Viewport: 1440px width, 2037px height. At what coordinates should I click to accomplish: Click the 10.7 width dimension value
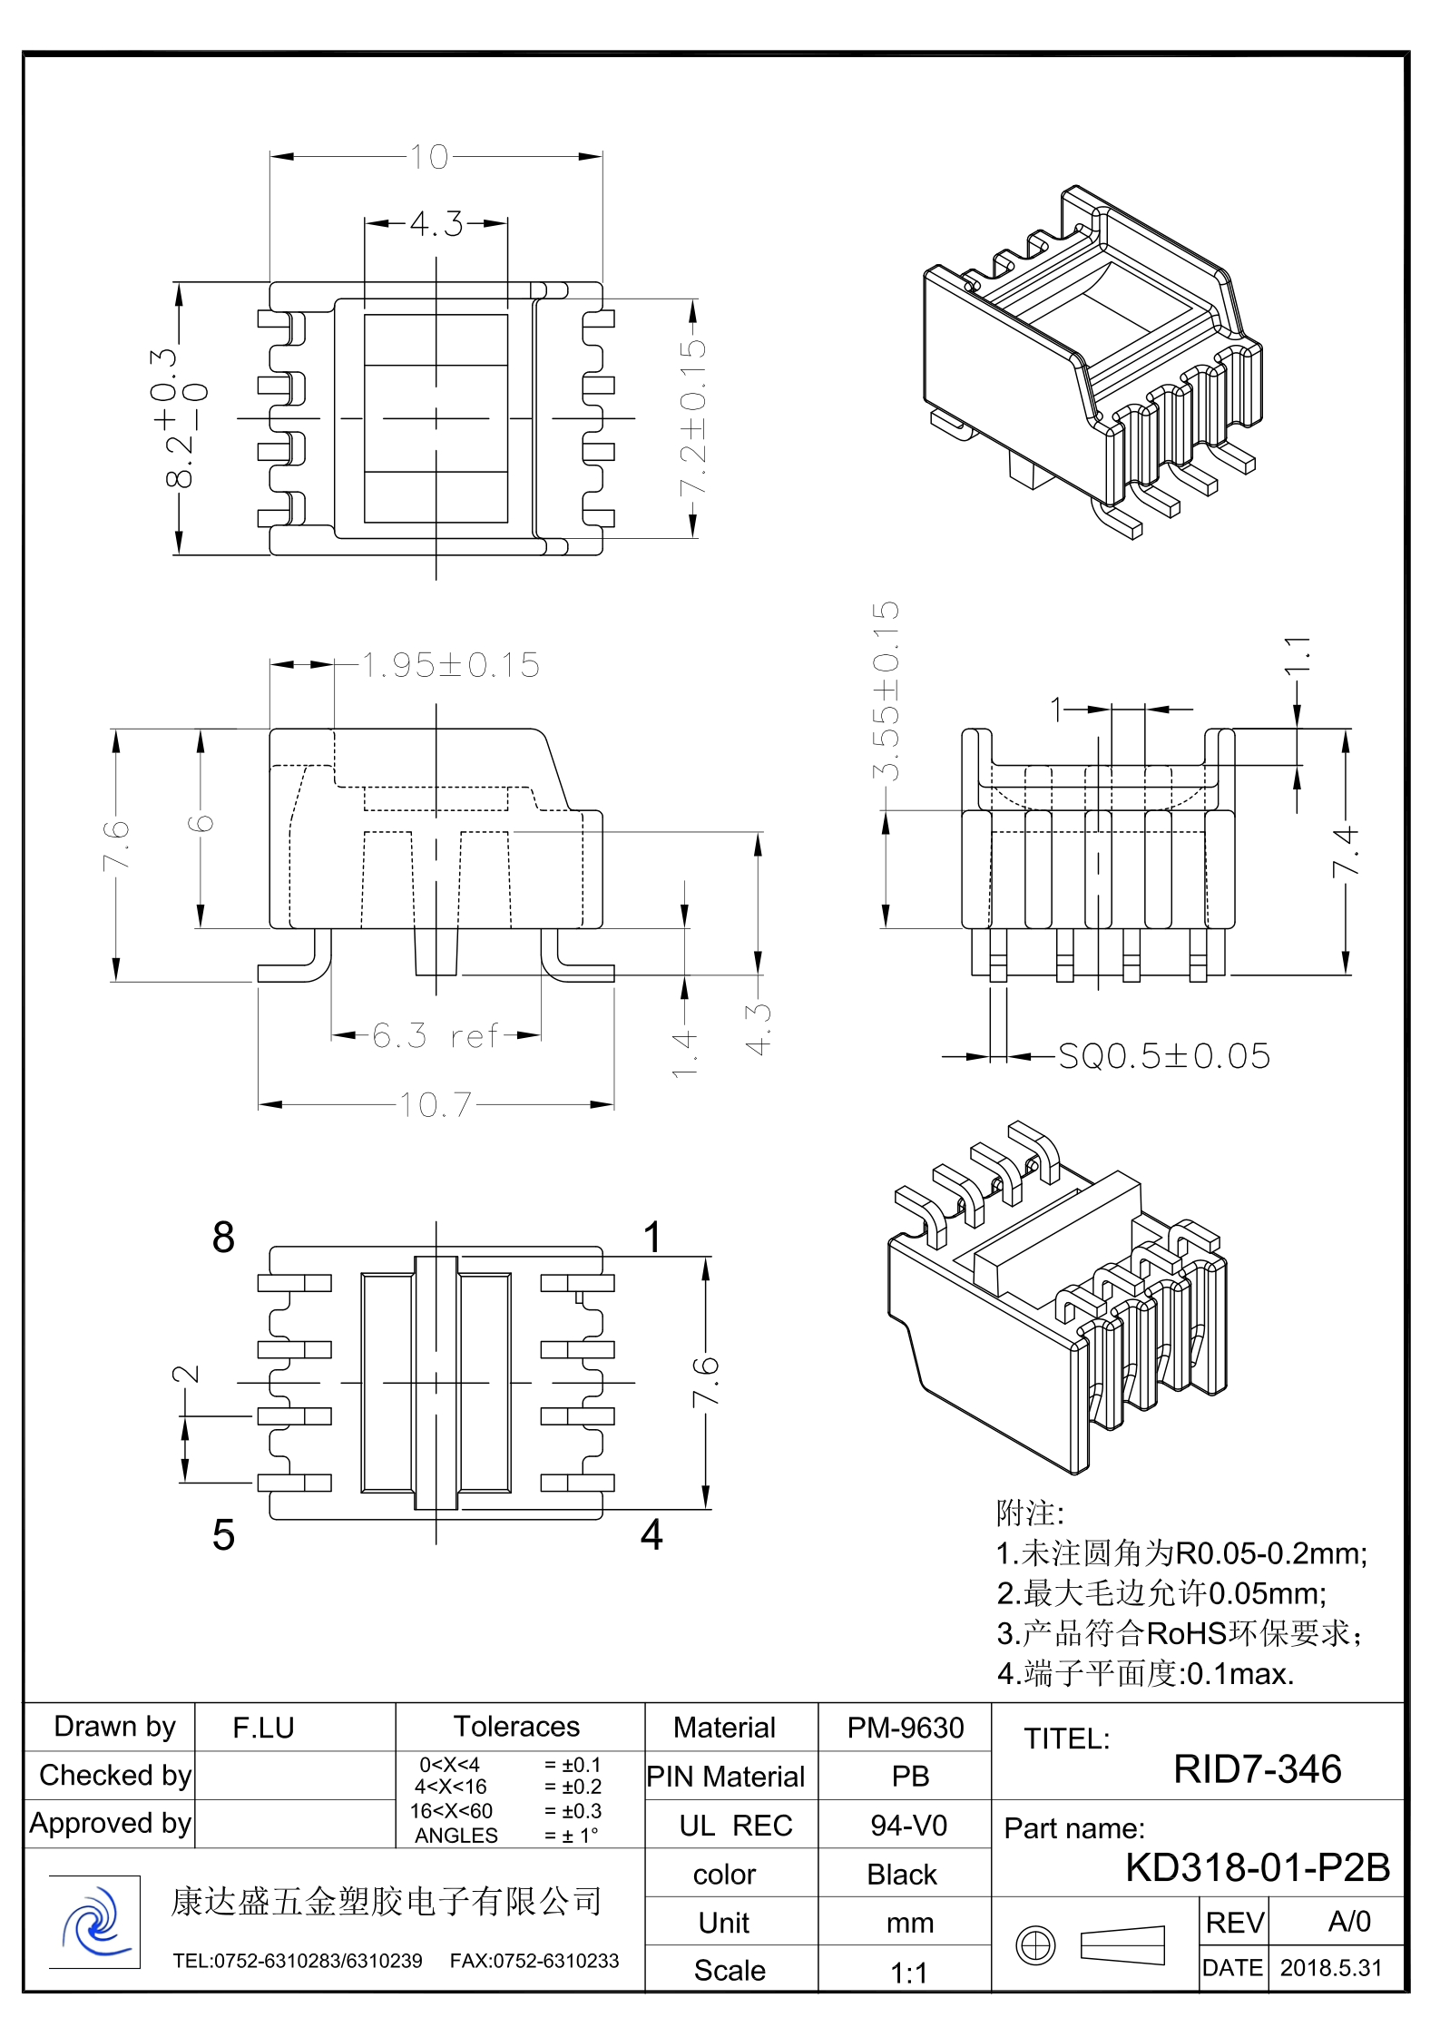(x=436, y=1104)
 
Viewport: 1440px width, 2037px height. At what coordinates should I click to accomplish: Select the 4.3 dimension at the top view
(x=436, y=223)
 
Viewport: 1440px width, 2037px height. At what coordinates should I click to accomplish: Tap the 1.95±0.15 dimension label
(x=451, y=665)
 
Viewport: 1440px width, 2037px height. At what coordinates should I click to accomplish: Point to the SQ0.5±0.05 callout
(x=1164, y=1056)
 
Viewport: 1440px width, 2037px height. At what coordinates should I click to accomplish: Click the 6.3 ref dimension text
(x=436, y=1035)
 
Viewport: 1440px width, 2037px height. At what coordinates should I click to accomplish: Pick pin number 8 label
(x=223, y=1237)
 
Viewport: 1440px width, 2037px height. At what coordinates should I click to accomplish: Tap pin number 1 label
(x=651, y=1237)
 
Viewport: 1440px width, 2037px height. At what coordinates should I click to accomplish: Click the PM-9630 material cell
(x=905, y=1728)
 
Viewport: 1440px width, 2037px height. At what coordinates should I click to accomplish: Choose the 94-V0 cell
(x=908, y=1825)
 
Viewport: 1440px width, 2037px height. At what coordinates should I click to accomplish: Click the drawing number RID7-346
(x=1257, y=1769)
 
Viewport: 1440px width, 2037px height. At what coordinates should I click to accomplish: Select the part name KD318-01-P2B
(x=1258, y=1867)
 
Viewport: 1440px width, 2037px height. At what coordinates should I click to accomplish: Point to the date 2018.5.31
(x=1330, y=1968)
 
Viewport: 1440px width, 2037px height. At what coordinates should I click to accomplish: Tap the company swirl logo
(x=94, y=1922)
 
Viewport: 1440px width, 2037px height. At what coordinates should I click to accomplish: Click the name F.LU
(x=263, y=1728)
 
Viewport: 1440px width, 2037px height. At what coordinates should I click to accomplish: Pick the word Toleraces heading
(x=516, y=1726)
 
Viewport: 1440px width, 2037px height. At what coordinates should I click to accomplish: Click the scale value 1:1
(x=908, y=1973)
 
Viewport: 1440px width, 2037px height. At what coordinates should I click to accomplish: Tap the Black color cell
(x=901, y=1875)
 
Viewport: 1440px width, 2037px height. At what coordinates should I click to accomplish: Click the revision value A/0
(x=1348, y=1921)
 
